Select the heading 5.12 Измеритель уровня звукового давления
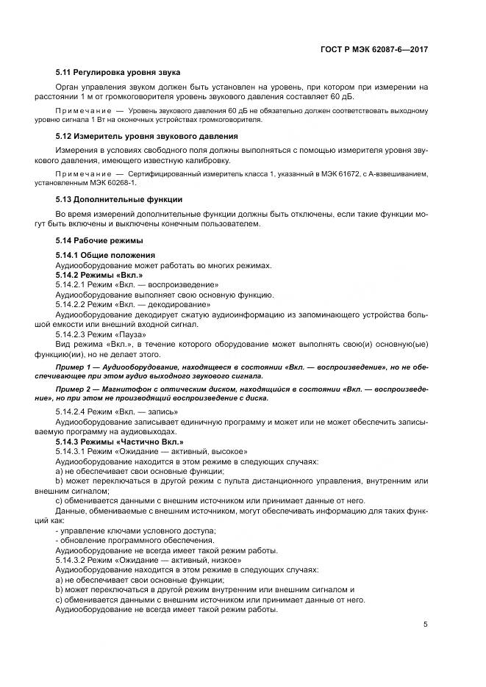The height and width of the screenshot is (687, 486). [147, 136]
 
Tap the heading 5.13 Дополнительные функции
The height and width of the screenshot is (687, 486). [120, 199]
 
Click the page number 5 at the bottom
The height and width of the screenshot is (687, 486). [426, 625]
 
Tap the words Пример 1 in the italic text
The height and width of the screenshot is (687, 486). [74, 365]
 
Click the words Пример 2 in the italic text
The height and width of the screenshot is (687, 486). [74, 389]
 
